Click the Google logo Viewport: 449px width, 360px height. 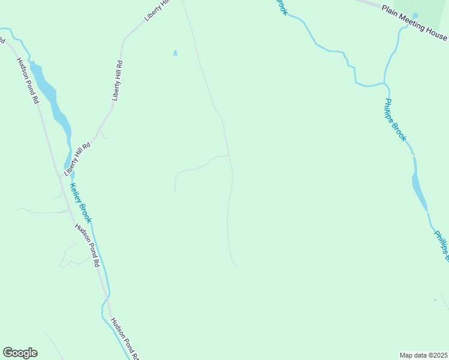tap(20, 353)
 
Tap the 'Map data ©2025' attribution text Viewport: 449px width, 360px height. tap(423, 355)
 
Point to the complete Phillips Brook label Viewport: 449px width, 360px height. tap(396, 120)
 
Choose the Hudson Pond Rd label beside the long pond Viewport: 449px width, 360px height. tap(28, 81)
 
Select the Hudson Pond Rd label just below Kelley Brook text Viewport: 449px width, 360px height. tap(87, 245)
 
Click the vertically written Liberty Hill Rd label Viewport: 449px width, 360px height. tap(118, 80)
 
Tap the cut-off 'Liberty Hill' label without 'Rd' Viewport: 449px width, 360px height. tap(158, 11)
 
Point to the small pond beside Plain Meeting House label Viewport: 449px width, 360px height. tap(415, 16)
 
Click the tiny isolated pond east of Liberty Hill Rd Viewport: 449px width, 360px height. tap(175, 53)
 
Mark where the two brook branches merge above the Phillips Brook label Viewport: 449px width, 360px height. tap(384, 83)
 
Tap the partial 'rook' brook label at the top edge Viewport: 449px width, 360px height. tap(282, 7)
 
